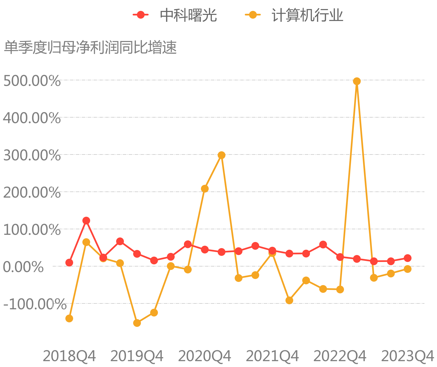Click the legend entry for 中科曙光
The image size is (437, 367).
pyautogui.click(x=175, y=15)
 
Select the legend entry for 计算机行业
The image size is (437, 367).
pyautogui.click(x=294, y=15)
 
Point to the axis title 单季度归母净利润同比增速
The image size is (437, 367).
pyautogui.click(x=90, y=48)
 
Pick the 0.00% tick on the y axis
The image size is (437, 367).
pyautogui.click(x=23, y=267)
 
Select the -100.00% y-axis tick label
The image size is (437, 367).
pyautogui.click(x=35, y=304)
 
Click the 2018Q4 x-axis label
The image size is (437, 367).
pyautogui.click(x=69, y=356)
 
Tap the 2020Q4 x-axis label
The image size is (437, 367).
pyautogui.click(x=205, y=356)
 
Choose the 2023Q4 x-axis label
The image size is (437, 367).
pyautogui.click(x=407, y=356)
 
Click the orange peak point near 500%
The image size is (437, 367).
pyautogui.click(x=357, y=81)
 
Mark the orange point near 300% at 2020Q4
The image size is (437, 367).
pyautogui.click(x=221, y=155)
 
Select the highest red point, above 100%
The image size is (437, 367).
pyautogui.click(x=86, y=220)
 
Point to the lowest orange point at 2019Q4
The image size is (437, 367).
pyautogui.click(x=137, y=323)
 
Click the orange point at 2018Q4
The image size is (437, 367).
pyautogui.click(x=69, y=318)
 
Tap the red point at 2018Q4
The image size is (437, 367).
pyautogui.click(x=69, y=262)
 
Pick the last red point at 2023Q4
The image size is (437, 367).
pyautogui.click(x=407, y=258)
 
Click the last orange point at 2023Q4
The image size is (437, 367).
pyautogui.click(x=407, y=269)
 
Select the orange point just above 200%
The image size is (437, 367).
pyautogui.click(x=205, y=189)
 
